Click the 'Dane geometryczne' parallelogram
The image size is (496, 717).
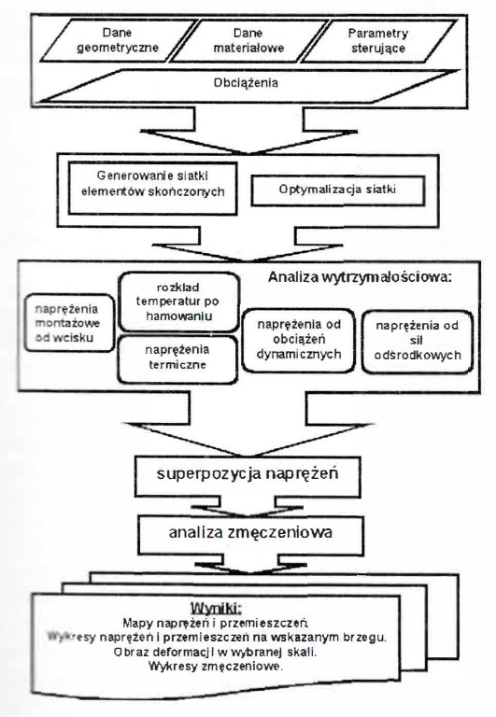118,40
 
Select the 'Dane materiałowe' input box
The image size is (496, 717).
248,40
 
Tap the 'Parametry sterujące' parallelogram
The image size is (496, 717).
378,40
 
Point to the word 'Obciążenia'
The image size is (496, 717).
246,83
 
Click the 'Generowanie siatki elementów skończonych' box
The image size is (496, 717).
153,188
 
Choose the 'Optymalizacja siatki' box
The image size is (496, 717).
338,190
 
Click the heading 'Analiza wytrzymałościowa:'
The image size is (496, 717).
360,276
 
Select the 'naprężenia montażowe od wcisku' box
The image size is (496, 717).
68,323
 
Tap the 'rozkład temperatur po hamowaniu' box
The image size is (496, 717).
178,302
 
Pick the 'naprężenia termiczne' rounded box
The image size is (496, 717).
177,359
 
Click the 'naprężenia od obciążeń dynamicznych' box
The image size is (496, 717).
298,340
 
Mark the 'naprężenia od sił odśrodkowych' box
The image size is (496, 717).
417,342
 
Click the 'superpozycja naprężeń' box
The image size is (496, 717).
248,476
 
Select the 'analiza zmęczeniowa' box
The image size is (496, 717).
250,535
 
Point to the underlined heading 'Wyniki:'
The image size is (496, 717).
216,608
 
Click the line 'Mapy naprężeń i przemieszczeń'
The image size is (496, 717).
215,623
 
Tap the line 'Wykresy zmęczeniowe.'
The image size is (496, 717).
216,666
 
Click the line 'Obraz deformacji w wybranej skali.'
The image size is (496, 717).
215,652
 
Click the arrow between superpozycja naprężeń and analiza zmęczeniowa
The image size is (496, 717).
248,507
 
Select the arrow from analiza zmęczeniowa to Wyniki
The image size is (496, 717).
250,564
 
